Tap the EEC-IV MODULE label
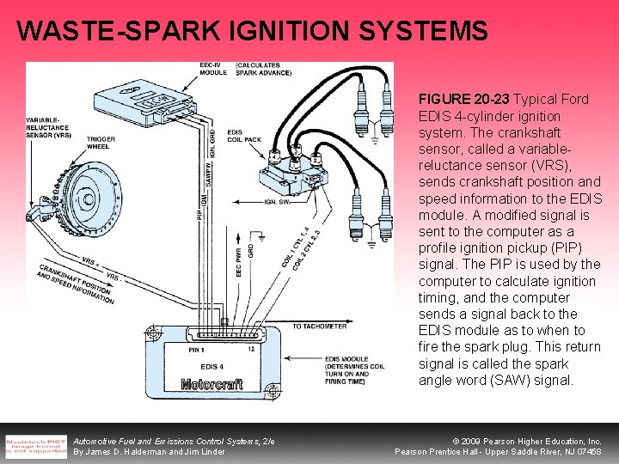(212, 69)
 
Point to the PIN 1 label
(193, 350)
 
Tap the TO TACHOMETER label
(320, 327)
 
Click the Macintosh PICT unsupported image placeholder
(36, 445)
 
